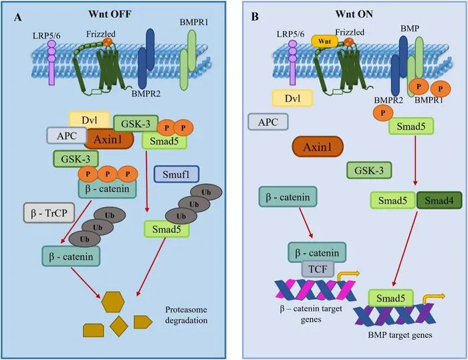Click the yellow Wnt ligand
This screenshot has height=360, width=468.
(324, 41)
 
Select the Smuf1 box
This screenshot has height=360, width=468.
(177, 174)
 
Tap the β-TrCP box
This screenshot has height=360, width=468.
(49, 213)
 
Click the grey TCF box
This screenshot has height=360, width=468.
(318, 269)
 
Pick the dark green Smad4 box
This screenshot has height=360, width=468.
(439, 200)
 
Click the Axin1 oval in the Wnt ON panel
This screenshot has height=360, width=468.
(318, 147)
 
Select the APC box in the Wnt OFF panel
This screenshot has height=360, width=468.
(67, 136)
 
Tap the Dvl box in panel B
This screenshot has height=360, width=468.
(292, 98)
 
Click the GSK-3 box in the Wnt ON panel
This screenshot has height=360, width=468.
(369, 171)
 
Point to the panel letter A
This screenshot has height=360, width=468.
(18, 17)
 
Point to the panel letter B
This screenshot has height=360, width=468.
(255, 17)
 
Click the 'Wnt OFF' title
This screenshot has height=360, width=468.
(110, 14)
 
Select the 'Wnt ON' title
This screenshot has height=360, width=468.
(354, 14)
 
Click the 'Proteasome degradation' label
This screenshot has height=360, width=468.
(187, 315)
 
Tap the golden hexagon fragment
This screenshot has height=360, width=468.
(113, 302)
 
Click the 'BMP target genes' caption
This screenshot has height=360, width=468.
(400, 335)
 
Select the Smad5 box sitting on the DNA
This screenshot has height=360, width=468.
(390, 298)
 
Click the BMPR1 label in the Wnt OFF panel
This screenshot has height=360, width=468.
(194, 22)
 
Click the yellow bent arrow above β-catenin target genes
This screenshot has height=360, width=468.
(347, 276)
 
